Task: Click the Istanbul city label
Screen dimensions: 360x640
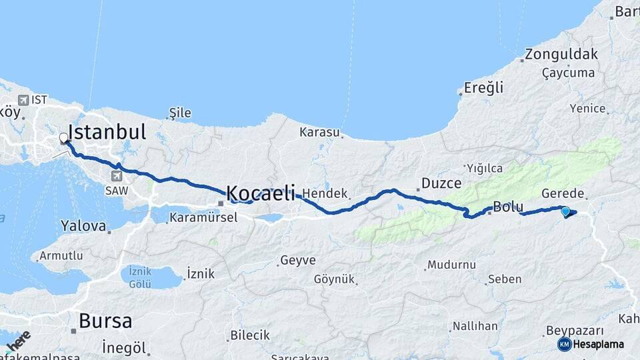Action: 107,131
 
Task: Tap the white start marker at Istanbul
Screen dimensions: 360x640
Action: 64,139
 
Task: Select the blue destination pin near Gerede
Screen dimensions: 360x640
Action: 566,212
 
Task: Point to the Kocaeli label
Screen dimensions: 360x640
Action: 261,193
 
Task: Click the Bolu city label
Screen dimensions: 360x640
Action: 508,206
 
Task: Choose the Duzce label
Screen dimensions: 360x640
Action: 437,183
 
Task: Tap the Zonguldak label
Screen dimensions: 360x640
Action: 561,55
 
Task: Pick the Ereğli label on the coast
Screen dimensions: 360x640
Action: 484,88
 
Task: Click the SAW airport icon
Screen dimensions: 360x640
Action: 117,176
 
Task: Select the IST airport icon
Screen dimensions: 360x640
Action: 24,100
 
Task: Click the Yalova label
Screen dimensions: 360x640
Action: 83,226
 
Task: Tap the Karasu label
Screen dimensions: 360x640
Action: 319,132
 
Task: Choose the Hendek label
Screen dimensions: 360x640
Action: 326,194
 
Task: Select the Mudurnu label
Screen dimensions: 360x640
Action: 451,265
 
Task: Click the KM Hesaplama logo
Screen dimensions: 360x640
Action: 591,344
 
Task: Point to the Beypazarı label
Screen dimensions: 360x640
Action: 575,331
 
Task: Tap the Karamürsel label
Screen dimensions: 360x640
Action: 203,217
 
